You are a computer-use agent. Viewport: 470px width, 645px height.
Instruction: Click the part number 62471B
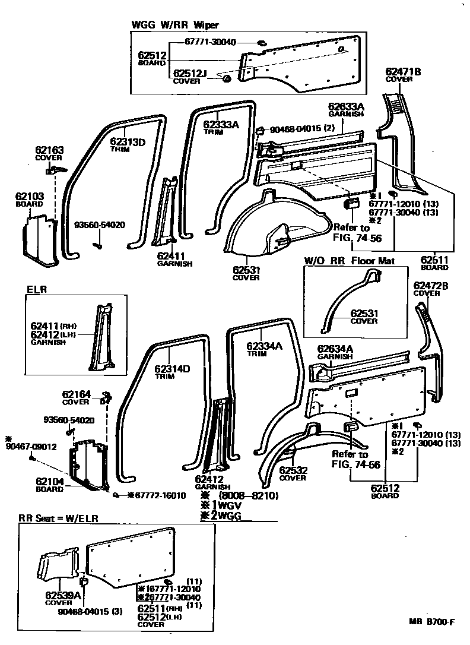[403, 72]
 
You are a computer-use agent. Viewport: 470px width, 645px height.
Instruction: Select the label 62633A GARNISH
[346, 110]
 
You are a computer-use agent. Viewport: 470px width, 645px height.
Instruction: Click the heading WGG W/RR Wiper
[174, 25]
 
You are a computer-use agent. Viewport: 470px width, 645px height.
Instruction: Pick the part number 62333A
[221, 125]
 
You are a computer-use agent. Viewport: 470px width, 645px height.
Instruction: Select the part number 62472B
[430, 286]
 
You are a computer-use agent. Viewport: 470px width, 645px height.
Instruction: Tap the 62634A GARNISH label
[335, 352]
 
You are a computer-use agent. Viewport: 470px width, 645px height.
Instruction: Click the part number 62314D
[173, 369]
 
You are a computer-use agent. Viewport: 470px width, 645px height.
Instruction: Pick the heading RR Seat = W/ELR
[58, 518]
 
